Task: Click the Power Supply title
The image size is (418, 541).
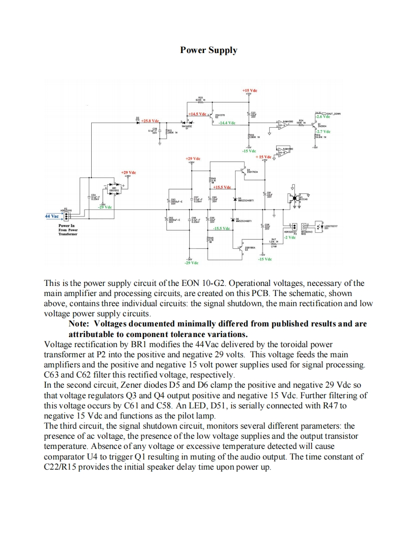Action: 209,50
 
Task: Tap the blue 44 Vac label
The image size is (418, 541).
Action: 52,216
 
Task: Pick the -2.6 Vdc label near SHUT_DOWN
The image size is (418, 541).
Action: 322,117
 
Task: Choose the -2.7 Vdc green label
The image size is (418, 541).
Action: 323,131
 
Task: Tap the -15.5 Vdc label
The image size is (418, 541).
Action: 221,228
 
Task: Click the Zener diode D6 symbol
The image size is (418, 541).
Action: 234,219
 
